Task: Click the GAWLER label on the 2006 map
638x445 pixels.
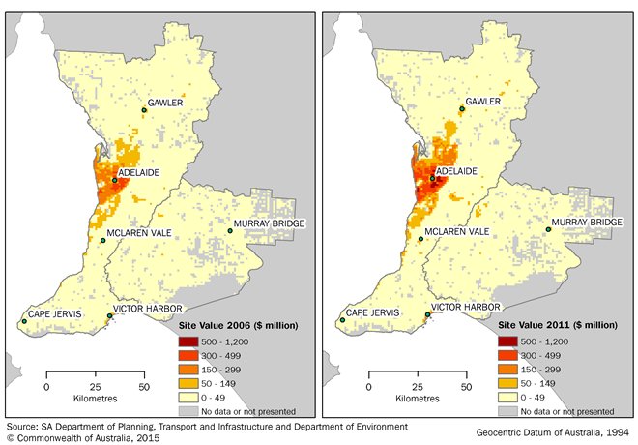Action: pos(165,102)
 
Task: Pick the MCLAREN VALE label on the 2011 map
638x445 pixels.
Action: pos(457,232)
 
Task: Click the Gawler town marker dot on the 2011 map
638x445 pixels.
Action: pos(462,109)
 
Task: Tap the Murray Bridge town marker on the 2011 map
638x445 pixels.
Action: pos(547,230)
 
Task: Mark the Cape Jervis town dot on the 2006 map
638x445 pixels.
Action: pos(24,322)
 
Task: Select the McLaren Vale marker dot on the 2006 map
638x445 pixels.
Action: pos(103,240)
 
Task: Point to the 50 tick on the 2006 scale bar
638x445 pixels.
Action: pos(143,387)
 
